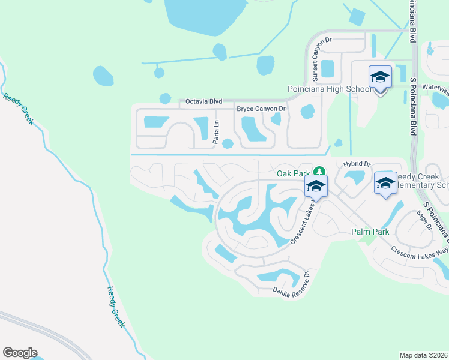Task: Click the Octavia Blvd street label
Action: point(204,101)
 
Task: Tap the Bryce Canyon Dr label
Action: point(261,109)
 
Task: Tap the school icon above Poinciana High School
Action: point(380,77)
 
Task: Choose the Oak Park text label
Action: point(292,173)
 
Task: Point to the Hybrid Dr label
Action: point(358,164)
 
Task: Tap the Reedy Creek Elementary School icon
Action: point(385,183)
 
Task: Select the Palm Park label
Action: point(370,232)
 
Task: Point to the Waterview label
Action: point(436,88)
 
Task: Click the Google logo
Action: point(20,353)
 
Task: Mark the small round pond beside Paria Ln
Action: point(228,143)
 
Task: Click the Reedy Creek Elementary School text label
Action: point(420,185)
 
